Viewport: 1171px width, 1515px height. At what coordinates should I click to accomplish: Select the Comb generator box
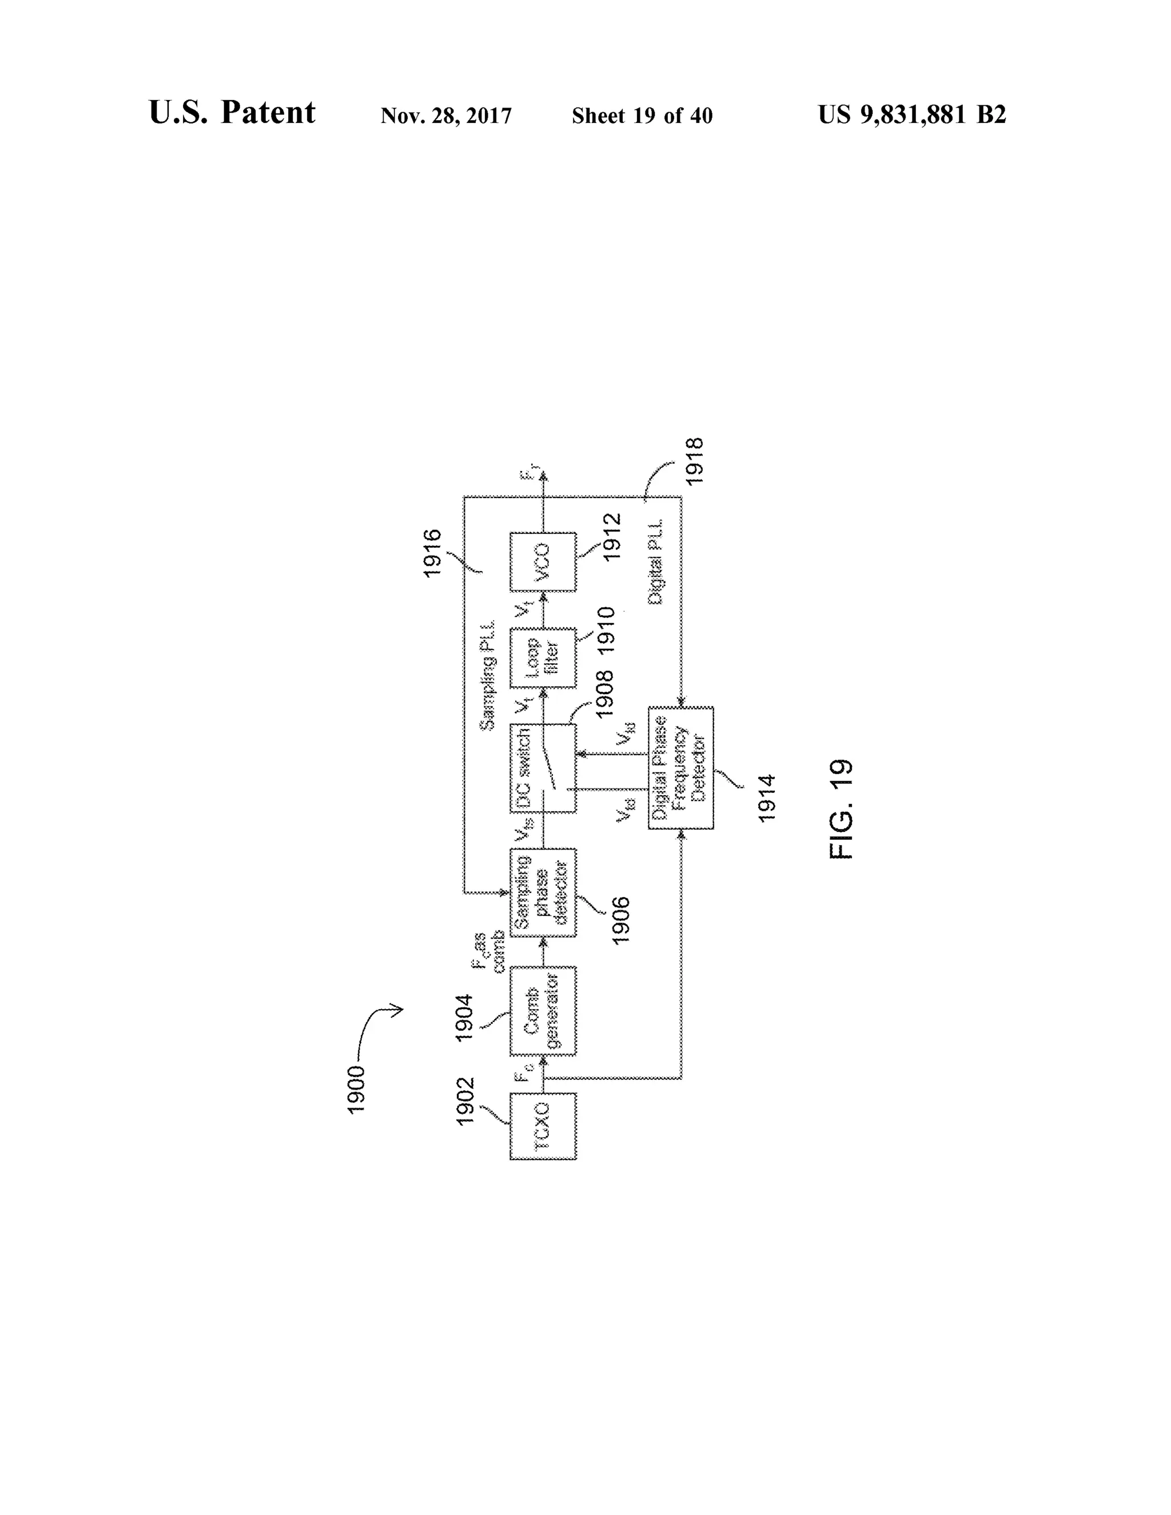(x=543, y=1011)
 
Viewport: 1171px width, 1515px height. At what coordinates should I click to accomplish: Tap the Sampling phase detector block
(x=543, y=893)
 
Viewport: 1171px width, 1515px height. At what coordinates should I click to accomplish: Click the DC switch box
(x=543, y=768)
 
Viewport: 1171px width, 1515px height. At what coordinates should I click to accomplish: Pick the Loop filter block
(x=543, y=657)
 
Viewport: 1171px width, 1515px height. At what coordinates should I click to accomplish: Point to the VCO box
(x=543, y=563)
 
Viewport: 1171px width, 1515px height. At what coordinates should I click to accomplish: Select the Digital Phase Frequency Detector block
(x=680, y=768)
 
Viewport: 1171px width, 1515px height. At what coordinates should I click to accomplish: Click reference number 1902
(x=464, y=1101)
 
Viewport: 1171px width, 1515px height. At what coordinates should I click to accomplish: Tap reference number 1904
(x=463, y=1018)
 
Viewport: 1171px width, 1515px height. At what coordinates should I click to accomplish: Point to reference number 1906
(x=621, y=920)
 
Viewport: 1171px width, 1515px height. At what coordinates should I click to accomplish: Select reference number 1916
(x=432, y=553)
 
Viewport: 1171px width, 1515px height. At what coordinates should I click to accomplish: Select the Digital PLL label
(x=656, y=561)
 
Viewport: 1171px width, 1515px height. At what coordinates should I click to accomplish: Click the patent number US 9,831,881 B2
(x=911, y=114)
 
